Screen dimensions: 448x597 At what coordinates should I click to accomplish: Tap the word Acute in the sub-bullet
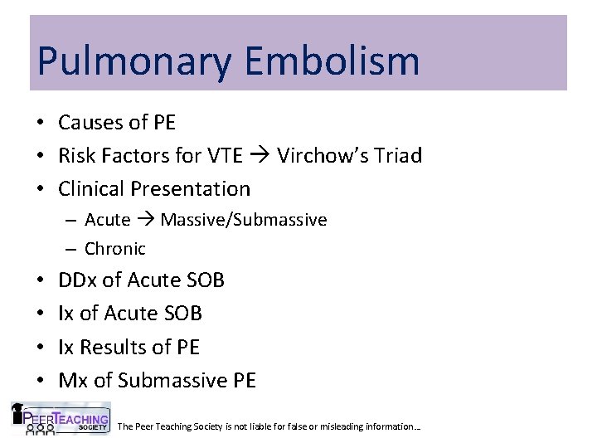(x=107, y=220)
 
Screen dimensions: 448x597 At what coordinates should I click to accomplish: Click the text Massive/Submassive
(x=244, y=220)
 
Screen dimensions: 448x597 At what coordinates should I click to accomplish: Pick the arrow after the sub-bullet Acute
(x=145, y=220)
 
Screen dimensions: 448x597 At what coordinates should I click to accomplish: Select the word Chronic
(x=115, y=248)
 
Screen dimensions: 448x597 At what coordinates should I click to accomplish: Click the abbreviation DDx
(x=77, y=280)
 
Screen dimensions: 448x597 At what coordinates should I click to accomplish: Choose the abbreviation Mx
(x=73, y=380)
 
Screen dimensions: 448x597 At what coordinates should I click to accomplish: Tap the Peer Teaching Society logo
(x=60, y=418)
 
